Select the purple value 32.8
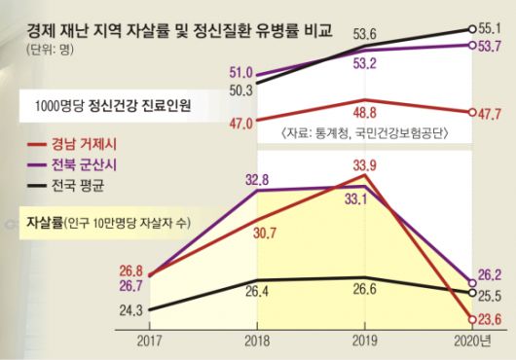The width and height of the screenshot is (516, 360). (257, 178)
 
